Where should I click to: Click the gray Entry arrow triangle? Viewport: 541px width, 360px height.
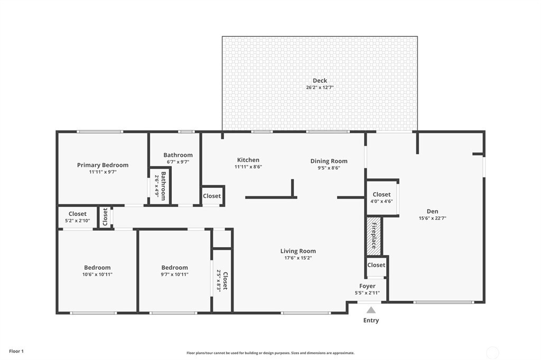point(371,310)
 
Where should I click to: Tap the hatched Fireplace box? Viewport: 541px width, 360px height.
point(374,236)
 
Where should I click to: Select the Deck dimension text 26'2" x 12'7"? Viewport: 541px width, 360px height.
point(320,88)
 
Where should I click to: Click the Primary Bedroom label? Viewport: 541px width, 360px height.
point(103,165)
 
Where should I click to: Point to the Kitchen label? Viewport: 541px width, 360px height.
point(248,160)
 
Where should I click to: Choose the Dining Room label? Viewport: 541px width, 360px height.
point(329,161)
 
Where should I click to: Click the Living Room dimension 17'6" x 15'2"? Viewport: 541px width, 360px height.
point(298,258)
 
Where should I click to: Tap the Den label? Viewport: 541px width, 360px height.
point(432,211)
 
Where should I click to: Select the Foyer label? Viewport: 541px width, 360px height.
point(367,286)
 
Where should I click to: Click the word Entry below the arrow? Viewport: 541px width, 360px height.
point(371,320)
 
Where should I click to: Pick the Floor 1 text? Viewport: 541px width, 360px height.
point(16,352)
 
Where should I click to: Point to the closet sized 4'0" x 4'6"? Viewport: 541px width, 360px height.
point(381,198)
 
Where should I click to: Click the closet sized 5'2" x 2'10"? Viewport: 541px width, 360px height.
point(77,217)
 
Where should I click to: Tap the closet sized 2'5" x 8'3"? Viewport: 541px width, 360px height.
point(221,280)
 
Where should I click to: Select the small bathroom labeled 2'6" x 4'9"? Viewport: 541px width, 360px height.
point(160,185)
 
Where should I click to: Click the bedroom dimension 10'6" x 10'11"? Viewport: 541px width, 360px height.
point(97,274)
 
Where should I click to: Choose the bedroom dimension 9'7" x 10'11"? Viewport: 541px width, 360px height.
point(174,274)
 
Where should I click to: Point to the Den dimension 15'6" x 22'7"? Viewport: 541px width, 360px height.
point(432,218)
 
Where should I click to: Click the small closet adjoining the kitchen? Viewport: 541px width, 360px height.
point(212,196)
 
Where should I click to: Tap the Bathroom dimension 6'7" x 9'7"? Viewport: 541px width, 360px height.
point(178,162)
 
